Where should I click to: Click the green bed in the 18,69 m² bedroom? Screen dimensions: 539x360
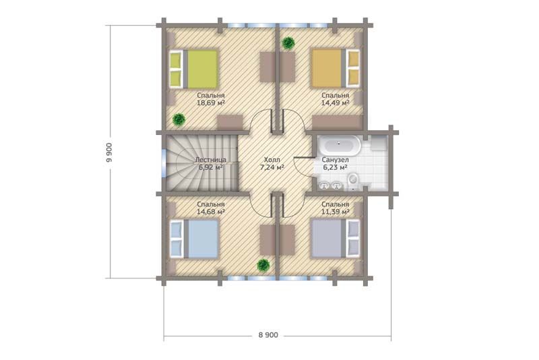[x=193, y=69]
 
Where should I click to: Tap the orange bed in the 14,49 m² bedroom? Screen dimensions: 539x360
[x=336, y=68]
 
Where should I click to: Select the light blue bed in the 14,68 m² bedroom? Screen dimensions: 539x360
[x=194, y=239]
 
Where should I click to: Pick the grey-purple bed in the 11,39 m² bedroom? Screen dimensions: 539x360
[x=336, y=239]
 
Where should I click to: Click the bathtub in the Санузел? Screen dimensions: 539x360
[x=340, y=146]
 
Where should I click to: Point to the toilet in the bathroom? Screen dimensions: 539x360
[x=352, y=181]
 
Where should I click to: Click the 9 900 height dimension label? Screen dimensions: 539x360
[x=109, y=152]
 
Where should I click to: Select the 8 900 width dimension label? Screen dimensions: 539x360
[x=268, y=334]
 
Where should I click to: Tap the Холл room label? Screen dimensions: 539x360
[x=272, y=160]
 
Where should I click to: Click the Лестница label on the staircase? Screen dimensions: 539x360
[x=210, y=160]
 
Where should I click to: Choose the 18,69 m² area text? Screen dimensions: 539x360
[x=211, y=102]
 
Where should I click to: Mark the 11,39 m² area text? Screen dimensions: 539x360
[x=335, y=212]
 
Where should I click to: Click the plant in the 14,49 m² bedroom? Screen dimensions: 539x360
[x=288, y=43]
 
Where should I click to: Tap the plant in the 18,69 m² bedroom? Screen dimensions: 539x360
[x=179, y=119]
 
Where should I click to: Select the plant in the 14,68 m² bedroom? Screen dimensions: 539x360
[x=263, y=264]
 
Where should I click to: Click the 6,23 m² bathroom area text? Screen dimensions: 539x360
[x=335, y=167]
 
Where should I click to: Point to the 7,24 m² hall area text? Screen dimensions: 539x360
[x=272, y=167]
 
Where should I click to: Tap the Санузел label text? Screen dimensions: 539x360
[x=335, y=160]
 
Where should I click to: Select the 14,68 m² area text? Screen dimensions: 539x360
[x=211, y=212]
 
